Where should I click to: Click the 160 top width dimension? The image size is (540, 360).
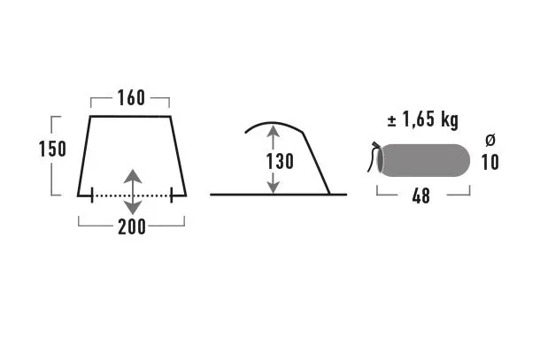(131, 98)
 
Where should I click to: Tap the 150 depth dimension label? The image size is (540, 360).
(52, 149)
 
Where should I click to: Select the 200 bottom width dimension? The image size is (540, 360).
(132, 226)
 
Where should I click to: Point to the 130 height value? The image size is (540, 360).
(280, 161)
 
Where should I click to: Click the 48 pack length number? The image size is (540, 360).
(420, 196)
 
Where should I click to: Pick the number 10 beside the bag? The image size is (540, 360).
(490, 163)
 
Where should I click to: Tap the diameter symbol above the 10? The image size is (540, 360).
(490, 140)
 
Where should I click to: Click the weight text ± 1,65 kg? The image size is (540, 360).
(423, 119)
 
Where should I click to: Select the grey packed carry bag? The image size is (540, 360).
(424, 160)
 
